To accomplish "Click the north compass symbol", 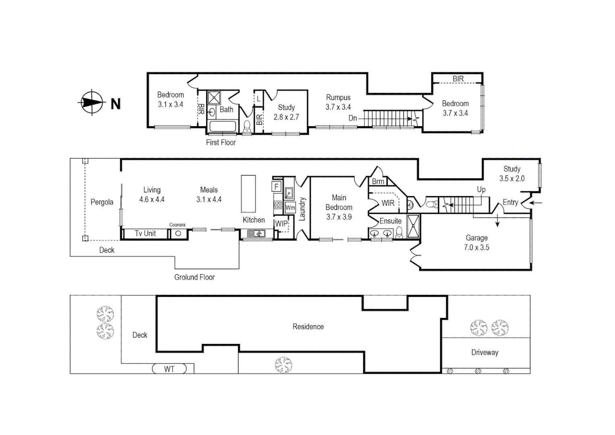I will pos(92,102).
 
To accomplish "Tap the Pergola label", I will pos(101,202).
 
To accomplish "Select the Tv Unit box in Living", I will pos(145,234).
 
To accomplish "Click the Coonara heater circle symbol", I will pos(178,234).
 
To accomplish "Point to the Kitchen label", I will pos(254,220).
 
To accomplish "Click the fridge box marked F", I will pos(277,186).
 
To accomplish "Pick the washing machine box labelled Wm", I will pos(290,208).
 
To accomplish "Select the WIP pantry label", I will pos(281,224).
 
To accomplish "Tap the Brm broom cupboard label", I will pos(378,182).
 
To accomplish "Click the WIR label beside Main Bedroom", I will pos(388,203).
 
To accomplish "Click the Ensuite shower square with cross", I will pos(413,226).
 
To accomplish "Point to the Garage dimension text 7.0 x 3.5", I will pos(476,248).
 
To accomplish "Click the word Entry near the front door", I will pos(510,203).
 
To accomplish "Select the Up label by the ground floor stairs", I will pos(481,189).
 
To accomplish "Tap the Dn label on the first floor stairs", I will pos(352,118).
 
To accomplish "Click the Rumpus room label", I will pos(338,97).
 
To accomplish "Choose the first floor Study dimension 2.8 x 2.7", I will pos(286,117).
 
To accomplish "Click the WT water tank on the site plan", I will pos(169,369).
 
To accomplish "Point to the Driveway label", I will pos(485,352).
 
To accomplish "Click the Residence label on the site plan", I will pos(308,327).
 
